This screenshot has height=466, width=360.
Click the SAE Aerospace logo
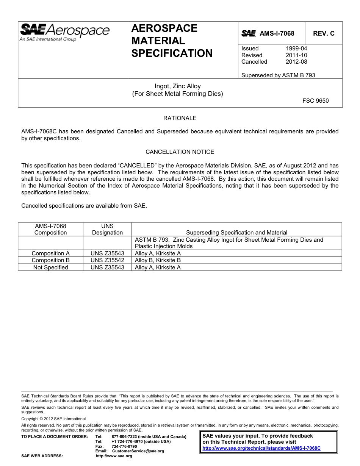coord(64,32)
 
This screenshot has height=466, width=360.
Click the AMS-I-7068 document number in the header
coord(277,33)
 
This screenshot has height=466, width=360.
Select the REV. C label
coord(324,33)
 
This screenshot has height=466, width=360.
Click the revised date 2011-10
coord(296,55)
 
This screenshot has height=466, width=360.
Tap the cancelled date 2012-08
coord(296,62)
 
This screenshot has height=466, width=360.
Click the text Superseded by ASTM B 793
coord(278,75)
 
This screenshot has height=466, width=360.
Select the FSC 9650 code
coord(315,101)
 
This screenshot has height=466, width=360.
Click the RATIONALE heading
coord(180,118)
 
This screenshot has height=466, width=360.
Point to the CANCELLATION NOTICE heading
coord(180,152)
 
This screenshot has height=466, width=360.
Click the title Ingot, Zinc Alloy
coord(177,86)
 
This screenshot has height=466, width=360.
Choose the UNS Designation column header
coord(107,229)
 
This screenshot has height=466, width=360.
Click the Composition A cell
coord(50,253)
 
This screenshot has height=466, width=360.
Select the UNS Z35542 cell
coord(107,260)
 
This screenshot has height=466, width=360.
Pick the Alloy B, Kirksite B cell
coord(158,260)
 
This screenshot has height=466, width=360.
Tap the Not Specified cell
coord(50,267)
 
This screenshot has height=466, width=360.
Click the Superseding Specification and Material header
coord(236,233)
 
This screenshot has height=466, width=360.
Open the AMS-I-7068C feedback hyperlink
coord(261,448)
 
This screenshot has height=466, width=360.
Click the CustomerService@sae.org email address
coord(138,451)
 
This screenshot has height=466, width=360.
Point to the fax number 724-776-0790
coord(124,446)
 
